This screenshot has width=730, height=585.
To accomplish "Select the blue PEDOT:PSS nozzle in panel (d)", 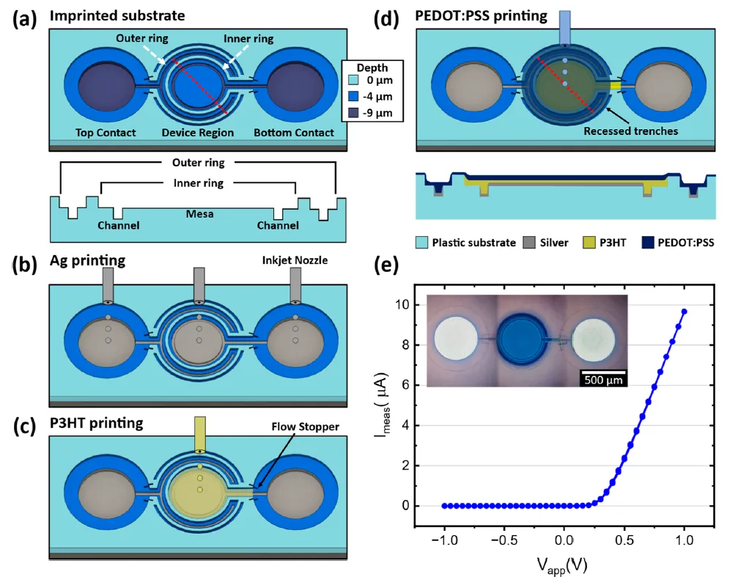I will (x=564, y=27).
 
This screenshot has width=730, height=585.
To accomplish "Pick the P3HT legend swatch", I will (x=592, y=242).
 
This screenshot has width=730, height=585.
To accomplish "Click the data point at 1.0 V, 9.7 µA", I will (x=684, y=312).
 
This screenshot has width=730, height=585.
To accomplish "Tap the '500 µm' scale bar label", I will (x=604, y=380).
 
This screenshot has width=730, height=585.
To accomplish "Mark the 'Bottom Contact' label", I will (x=293, y=133).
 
